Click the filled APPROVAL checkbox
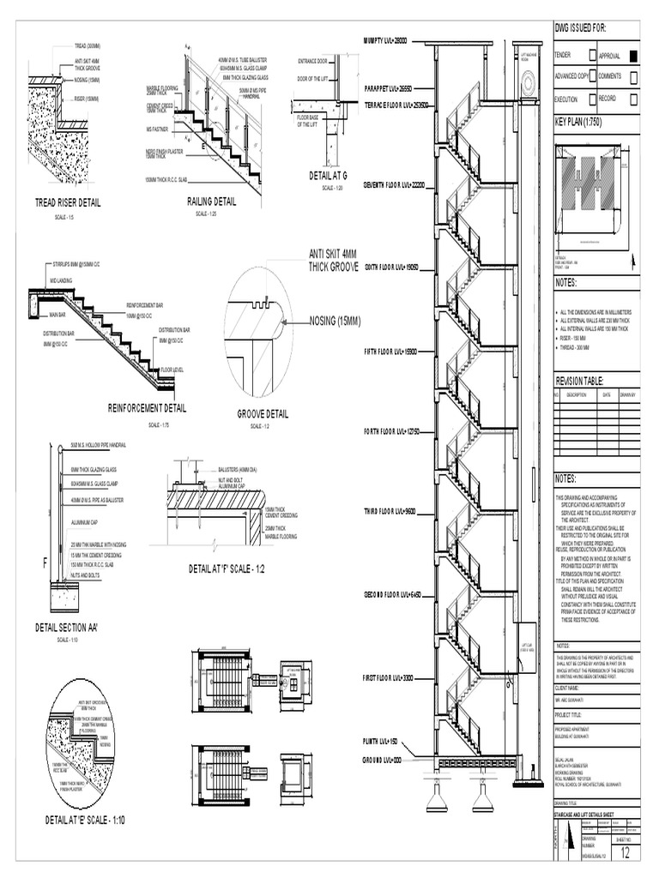(x=633, y=56)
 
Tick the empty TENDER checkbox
(x=593, y=56)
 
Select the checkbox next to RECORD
(x=633, y=99)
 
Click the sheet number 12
(x=625, y=853)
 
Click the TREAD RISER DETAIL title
(x=67, y=203)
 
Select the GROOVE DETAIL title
(x=263, y=413)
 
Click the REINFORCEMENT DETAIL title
(x=147, y=408)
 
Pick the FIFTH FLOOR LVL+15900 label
(x=390, y=352)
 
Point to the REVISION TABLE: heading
(x=580, y=380)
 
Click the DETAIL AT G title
(x=327, y=177)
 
